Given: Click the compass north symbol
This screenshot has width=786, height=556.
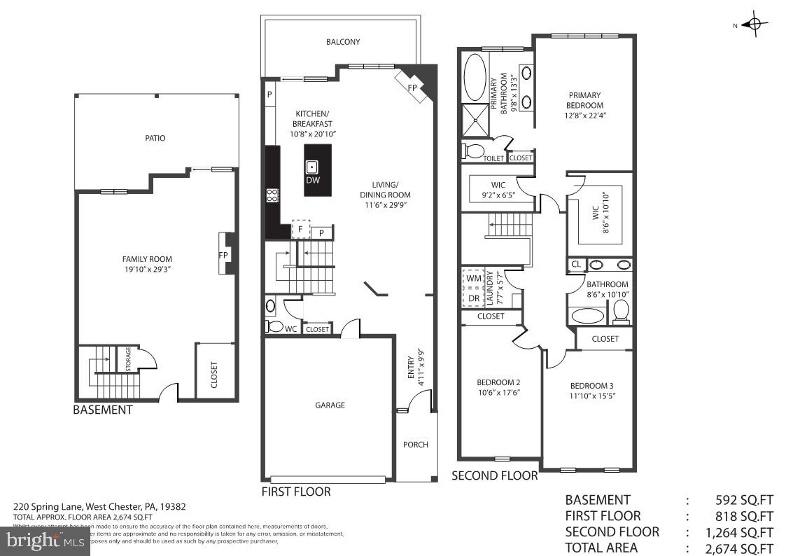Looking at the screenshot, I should [753, 25].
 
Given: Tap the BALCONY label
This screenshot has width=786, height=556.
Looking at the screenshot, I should [343, 42].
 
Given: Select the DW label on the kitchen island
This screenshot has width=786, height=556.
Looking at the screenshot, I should [312, 180].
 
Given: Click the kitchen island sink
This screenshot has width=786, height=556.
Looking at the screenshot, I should [312, 167].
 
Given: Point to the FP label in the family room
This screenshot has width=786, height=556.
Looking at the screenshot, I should [223, 255].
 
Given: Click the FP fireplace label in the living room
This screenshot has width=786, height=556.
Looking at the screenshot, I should [413, 88].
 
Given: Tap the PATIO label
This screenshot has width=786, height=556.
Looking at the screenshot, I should [155, 138].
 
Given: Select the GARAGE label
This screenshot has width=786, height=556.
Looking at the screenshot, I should [330, 405].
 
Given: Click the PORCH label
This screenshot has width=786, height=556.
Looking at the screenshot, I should [416, 445].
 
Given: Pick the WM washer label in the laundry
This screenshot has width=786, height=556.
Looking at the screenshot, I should [474, 278].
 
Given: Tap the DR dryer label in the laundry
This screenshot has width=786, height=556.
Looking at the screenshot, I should [474, 298].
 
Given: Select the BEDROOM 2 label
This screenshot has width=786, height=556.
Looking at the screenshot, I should [498, 382].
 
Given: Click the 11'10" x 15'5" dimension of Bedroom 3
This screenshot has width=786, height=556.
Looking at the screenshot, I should [592, 396].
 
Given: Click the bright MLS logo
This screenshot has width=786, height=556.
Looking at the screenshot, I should [45, 541].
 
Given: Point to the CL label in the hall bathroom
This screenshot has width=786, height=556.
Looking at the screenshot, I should [576, 265].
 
